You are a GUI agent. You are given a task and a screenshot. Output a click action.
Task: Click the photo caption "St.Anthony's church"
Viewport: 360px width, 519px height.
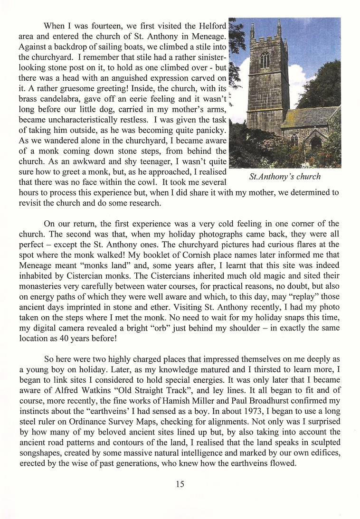tap(285, 177)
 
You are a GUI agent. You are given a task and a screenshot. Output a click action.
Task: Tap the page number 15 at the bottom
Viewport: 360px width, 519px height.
tap(180, 484)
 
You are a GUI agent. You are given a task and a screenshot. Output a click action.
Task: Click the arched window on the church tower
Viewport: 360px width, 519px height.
tap(264, 61)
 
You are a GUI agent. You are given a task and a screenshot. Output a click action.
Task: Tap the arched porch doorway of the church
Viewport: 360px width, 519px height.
tap(316, 143)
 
